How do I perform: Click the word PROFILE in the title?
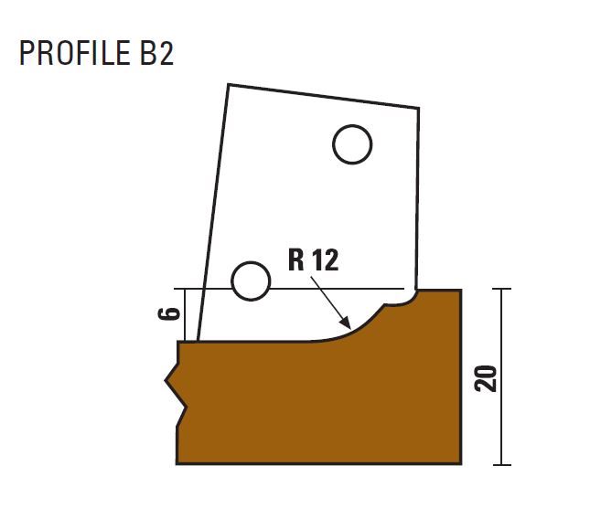point(75,53)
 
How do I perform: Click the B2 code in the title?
point(157,53)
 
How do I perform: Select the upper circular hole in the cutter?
point(352,144)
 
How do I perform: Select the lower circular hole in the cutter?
point(251,281)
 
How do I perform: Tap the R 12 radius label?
point(314,259)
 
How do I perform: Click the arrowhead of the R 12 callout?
point(346,323)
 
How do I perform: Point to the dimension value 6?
point(169,313)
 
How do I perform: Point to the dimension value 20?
point(485,378)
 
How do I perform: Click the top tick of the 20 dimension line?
point(501,289)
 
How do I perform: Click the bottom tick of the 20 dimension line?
point(501,465)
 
